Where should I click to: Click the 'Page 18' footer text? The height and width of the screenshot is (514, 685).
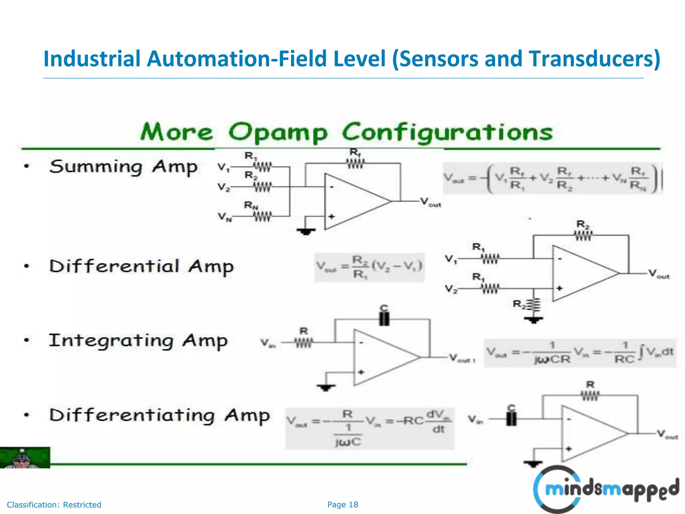click(342, 505)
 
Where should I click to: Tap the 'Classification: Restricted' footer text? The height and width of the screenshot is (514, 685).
click(54, 505)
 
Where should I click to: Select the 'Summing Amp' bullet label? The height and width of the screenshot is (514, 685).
click(123, 167)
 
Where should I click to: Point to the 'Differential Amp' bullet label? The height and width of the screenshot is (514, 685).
click(141, 267)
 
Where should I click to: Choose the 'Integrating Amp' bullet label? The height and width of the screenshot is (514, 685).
click(138, 341)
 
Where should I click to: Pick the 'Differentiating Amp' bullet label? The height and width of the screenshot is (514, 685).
click(159, 415)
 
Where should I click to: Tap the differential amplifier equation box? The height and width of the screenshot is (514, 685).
click(369, 268)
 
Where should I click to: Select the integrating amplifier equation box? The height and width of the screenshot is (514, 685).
click(580, 353)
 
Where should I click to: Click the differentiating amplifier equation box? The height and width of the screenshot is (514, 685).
click(369, 428)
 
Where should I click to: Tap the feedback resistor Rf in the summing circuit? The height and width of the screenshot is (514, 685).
click(355, 163)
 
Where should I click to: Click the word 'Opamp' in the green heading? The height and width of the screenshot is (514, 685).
click(278, 133)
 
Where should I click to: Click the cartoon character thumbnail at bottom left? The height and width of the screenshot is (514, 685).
click(25, 457)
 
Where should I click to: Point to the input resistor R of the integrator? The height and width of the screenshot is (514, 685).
click(304, 342)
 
